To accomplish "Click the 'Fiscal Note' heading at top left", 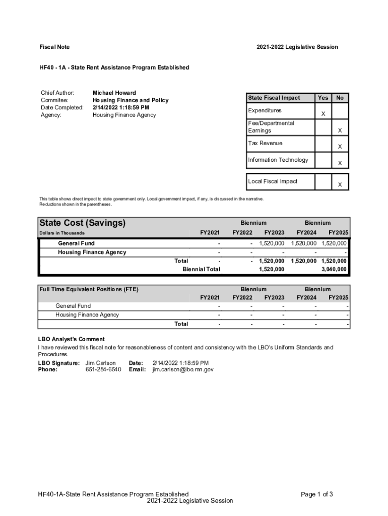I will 54,47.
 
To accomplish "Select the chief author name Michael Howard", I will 114,93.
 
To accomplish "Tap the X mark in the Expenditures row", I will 323,115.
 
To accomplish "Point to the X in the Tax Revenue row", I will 340,147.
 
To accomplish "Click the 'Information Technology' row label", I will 278,160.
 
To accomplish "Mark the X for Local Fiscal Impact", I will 340,185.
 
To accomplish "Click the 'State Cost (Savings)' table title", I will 83,223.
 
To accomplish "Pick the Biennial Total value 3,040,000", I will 332,270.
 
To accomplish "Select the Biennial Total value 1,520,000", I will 271,270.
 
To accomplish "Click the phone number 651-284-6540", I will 103,369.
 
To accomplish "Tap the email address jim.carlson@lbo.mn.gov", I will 183,369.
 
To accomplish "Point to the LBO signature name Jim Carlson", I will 101,363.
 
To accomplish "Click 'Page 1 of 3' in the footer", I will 316,494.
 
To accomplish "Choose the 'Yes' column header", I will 323,98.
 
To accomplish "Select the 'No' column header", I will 340,98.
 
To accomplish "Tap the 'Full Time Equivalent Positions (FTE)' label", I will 89,289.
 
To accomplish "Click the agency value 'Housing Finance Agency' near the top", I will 124,115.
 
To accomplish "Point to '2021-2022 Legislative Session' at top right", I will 297,47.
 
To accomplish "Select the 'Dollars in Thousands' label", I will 62,233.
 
